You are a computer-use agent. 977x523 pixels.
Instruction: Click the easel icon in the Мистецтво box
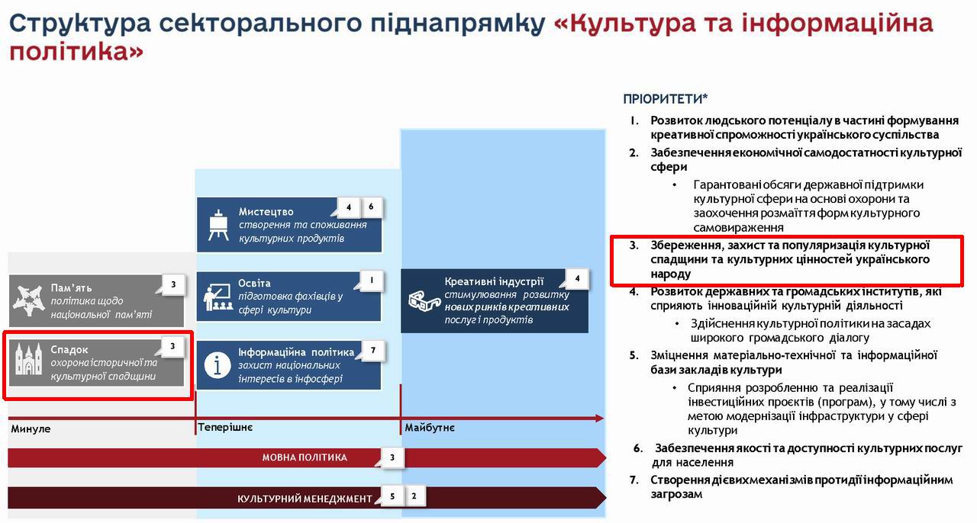click(x=219, y=224)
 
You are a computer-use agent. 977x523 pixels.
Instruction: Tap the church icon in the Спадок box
click(x=29, y=359)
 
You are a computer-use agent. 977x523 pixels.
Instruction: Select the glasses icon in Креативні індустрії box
click(x=422, y=300)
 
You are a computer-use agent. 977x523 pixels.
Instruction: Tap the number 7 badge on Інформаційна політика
click(x=372, y=351)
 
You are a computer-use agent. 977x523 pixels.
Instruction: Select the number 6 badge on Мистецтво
click(x=371, y=207)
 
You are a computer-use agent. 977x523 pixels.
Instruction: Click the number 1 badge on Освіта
click(x=371, y=281)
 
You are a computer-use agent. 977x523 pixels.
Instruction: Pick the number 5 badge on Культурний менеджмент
click(x=392, y=496)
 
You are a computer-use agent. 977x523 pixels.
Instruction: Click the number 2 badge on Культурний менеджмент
click(x=414, y=496)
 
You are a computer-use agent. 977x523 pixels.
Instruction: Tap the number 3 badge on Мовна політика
click(x=392, y=457)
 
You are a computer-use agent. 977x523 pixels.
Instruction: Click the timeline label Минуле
click(x=31, y=428)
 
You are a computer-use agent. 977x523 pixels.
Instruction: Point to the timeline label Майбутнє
click(x=429, y=428)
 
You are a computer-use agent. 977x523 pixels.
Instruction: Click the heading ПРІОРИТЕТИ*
click(x=665, y=98)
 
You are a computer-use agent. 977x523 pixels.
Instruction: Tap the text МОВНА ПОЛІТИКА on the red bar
click(x=305, y=457)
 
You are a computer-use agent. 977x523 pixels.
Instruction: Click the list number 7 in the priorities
click(x=634, y=480)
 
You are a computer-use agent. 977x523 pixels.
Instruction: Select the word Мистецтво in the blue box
click(x=266, y=211)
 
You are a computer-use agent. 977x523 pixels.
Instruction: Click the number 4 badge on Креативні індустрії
click(x=577, y=278)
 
